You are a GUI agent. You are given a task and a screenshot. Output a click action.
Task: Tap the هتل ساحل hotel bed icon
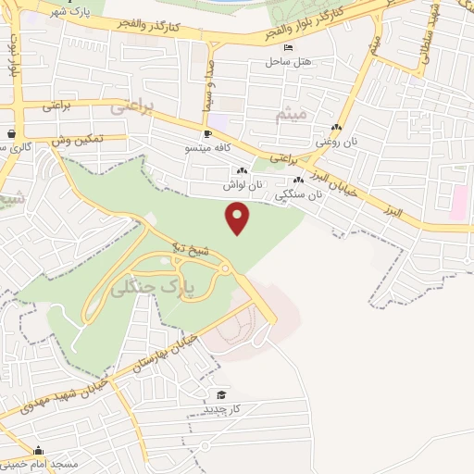[290, 47]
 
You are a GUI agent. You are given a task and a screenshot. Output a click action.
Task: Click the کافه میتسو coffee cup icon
[207, 134]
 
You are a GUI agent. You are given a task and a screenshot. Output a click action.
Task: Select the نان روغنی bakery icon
[336, 129]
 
